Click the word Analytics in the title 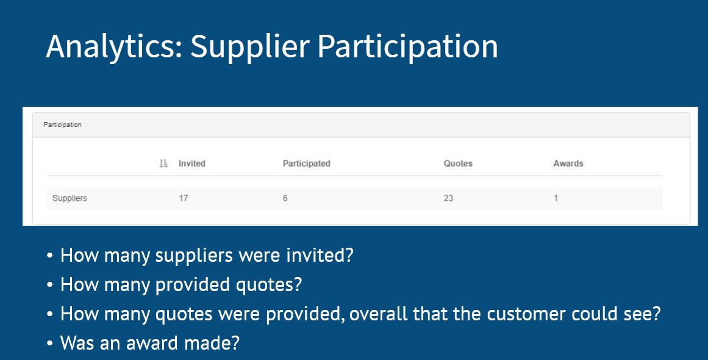tap(114, 47)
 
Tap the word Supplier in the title tap(250, 47)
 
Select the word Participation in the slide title tap(408, 47)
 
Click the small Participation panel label tap(62, 124)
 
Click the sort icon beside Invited tap(163, 164)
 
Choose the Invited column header tap(192, 164)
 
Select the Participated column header tap(307, 164)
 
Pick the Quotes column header tap(458, 164)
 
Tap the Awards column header tap(568, 164)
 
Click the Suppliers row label tap(70, 198)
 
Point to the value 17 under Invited tap(184, 198)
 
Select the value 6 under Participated tap(285, 198)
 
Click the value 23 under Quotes tap(448, 198)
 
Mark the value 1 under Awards tap(556, 198)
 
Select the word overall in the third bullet tap(378, 314)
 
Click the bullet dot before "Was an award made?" tap(49, 344)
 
